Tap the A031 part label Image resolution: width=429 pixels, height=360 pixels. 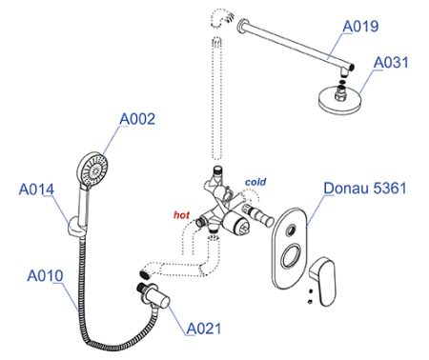pos(393,63)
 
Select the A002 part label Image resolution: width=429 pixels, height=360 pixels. pos(137,119)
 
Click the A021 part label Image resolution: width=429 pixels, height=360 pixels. pos(205,329)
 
